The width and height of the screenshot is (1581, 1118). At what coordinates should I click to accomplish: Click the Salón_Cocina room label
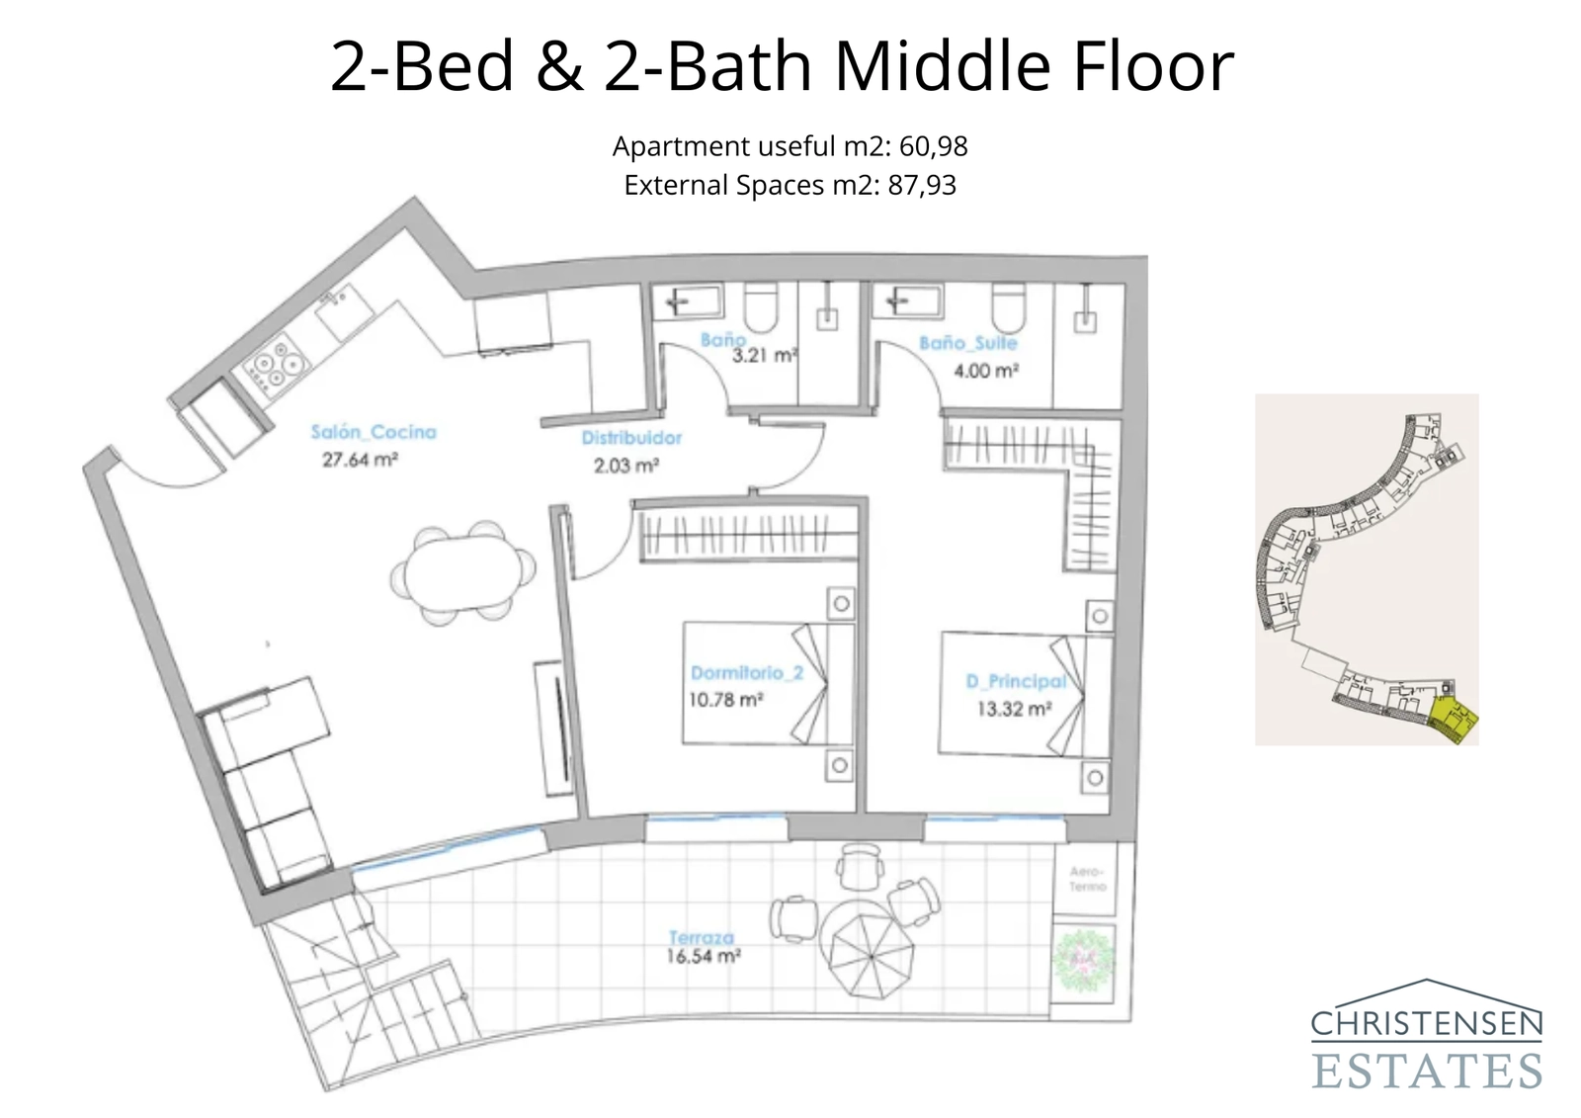tap(373, 432)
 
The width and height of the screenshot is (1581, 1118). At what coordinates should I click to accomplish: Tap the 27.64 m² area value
tap(360, 460)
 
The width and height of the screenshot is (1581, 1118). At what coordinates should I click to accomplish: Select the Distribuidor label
tap(631, 438)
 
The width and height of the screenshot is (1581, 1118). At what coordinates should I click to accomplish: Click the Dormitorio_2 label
tap(746, 673)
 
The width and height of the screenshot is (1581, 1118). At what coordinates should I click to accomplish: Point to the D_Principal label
tap(1016, 681)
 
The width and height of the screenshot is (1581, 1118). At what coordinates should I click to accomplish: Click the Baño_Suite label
tap(967, 343)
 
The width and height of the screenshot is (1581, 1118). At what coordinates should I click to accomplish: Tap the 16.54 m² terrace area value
tap(704, 957)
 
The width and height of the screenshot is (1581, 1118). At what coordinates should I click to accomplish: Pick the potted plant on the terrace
tap(1083, 959)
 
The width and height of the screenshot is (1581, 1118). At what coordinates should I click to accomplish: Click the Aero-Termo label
tap(1087, 879)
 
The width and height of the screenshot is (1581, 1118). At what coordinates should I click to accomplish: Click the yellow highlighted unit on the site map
tap(1455, 720)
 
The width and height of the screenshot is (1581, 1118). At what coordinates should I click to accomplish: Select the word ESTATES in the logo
tap(1427, 1071)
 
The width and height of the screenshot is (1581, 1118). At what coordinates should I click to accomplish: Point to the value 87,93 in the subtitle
tap(921, 185)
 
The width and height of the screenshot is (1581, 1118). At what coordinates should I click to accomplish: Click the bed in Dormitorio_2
tap(767, 682)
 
